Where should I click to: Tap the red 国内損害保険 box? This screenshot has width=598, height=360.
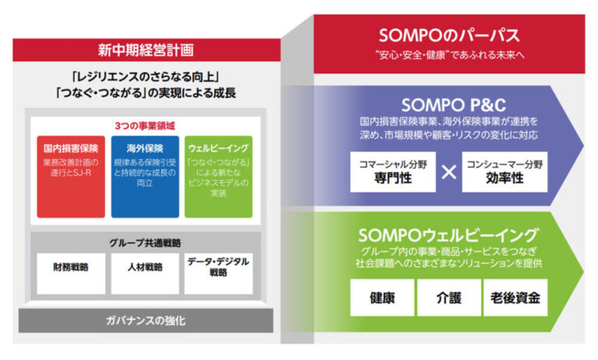coord(70,177)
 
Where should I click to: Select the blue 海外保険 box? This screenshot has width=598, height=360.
coord(145,177)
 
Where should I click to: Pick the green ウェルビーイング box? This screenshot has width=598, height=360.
coord(219,177)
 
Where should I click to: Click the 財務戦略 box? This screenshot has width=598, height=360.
coord(70,272)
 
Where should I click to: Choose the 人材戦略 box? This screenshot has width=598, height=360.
coord(145,272)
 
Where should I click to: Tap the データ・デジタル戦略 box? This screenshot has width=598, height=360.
coord(219,272)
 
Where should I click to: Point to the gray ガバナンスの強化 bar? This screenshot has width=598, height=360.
coord(146,319)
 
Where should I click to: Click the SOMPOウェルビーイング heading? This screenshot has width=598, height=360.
coord(448,235)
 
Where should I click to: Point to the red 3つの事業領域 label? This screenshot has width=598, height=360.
coord(145,125)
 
